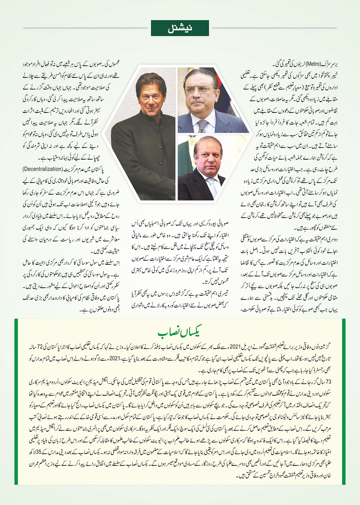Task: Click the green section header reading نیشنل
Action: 180,28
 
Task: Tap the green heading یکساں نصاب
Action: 180,333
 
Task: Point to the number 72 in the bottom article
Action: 333,347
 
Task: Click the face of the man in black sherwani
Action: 150,93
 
